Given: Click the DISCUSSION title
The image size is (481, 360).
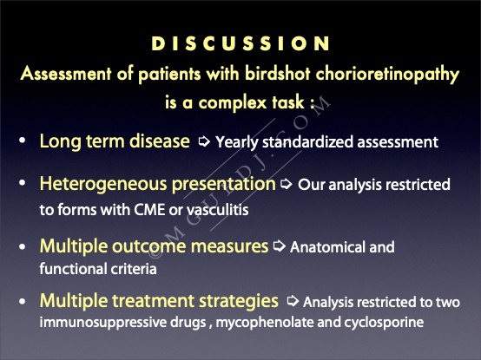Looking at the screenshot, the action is (x=240, y=43).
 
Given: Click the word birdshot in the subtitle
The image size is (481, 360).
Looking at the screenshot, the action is (x=278, y=74).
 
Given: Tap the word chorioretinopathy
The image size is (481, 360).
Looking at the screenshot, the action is (x=387, y=75).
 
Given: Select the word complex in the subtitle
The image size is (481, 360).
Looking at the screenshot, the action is (x=233, y=102).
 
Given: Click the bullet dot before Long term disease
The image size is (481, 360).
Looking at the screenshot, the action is (x=22, y=141).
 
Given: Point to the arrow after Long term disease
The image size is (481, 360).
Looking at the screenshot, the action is (x=204, y=141).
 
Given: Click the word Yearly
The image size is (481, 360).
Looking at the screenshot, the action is (x=237, y=142).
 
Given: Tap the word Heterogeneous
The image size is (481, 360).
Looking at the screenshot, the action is (x=103, y=185).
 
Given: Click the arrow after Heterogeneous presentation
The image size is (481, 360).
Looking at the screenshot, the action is (x=286, y=184).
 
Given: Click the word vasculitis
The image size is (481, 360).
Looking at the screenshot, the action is (x=218, y=210).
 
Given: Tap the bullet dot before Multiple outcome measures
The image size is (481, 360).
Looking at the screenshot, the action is (x=22, y=246).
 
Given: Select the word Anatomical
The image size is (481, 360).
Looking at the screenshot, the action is (x=327, y=247).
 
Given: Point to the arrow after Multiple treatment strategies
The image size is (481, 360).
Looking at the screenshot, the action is (x=293, y=301).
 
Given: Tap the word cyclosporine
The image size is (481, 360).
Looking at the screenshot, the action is (x=371, y=324).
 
